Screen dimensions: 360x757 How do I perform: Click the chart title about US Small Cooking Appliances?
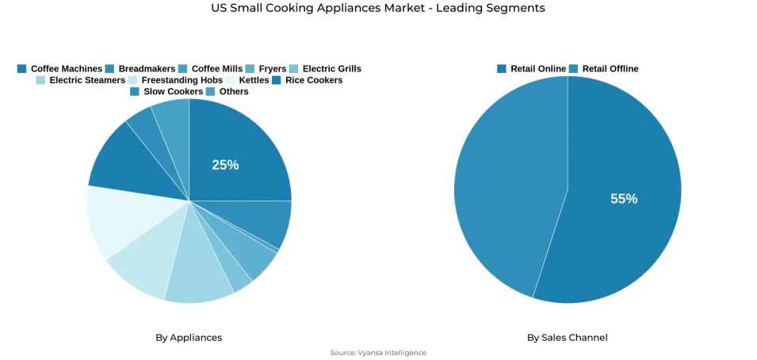click(x=378, y=8)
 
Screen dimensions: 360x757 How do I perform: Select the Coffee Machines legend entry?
click(x=59, y=69)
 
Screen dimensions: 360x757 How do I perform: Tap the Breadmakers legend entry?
click(x=140, y=69)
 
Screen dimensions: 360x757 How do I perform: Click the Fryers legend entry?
click(x=266, y=69)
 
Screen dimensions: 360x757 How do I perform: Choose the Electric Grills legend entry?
click(x=325, y=69)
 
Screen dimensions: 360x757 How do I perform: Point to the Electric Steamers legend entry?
click(x=80, y=80)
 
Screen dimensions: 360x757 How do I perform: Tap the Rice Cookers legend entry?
click(x=307, y=80)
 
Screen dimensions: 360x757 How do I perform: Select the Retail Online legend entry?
click(x=531, y=69)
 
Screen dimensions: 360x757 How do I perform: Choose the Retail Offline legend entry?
click(x=603, y=69)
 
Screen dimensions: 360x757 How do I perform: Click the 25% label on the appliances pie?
click(x=225, y=165)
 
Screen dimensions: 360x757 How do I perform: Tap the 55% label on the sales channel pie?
click(x=624, y=199)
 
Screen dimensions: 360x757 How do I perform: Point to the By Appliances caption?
click(x=189, y=338)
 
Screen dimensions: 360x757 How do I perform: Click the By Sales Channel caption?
click(x=568, y=338)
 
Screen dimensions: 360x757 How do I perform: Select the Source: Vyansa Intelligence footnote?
click(x=378, y=353)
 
